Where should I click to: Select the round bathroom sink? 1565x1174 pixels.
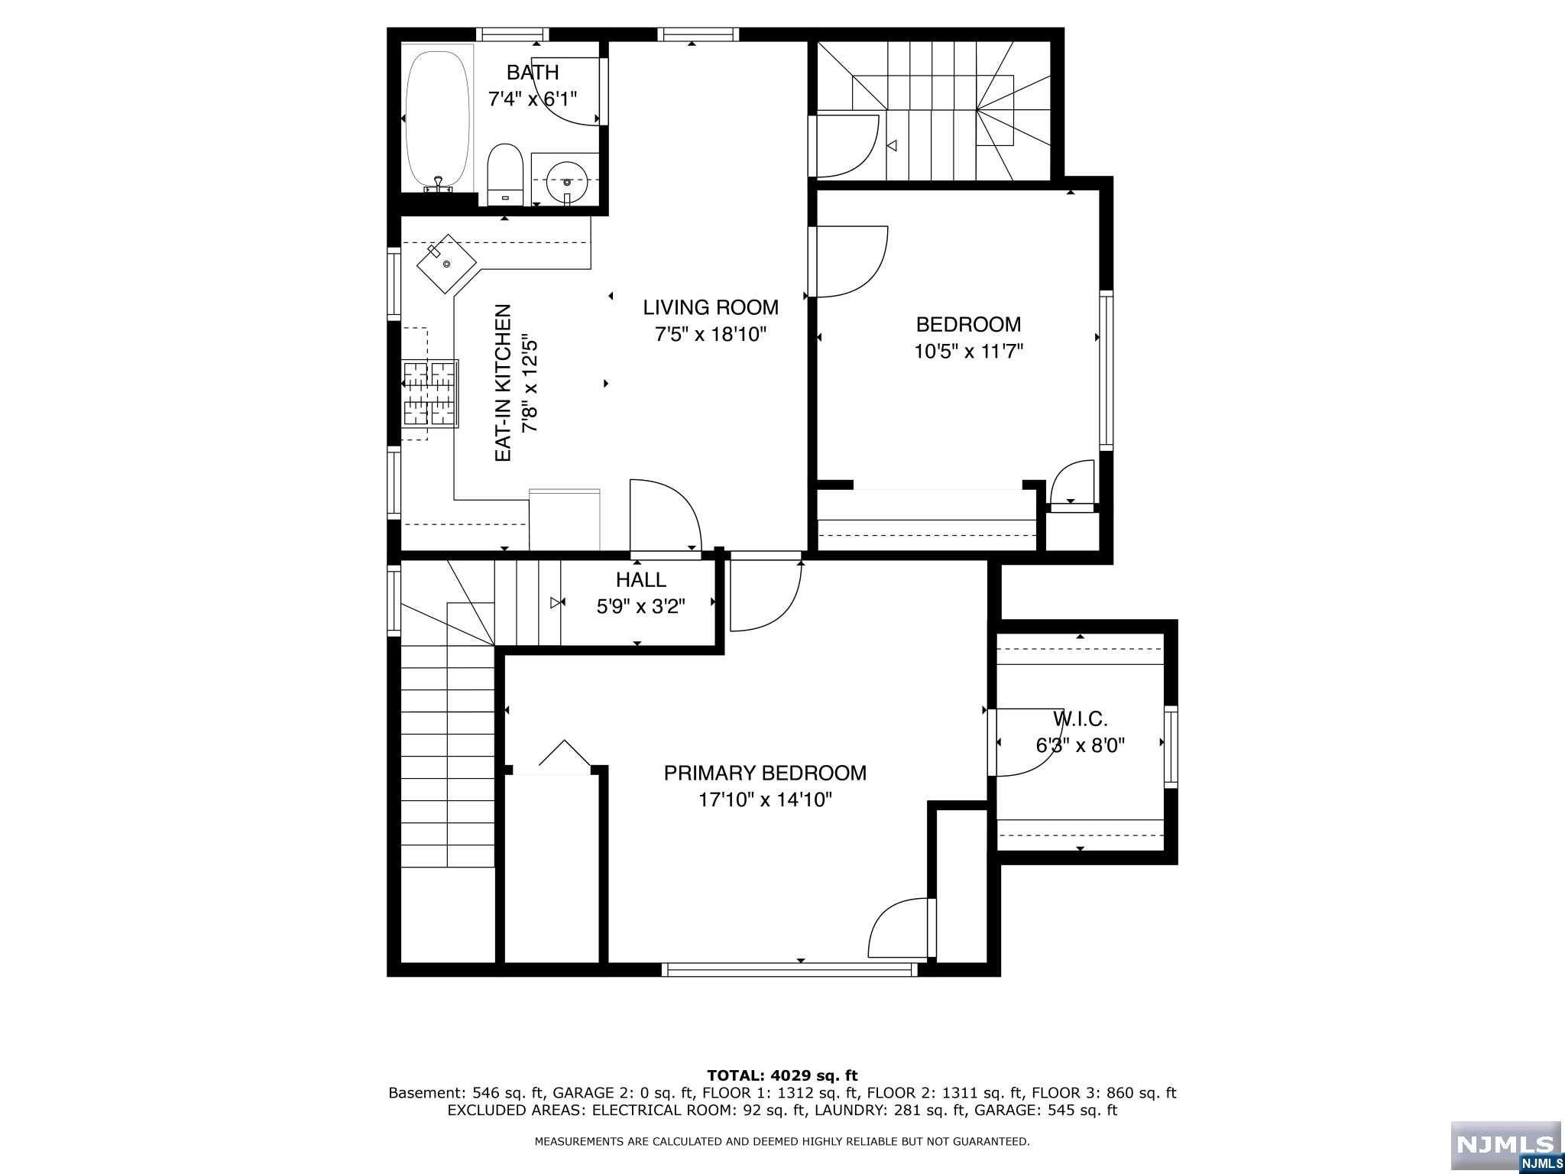pyautogui.click(x=566, y=181)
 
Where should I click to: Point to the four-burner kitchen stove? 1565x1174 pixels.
pyautogui.click(x=429, y=392)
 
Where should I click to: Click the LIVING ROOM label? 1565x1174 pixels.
pyautogui.click(x=711, y=307)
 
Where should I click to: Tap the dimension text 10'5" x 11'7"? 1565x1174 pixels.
pyautogui.click(x=968, y=352)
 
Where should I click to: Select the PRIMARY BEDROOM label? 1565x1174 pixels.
pyautogui.click(x=765, y=773)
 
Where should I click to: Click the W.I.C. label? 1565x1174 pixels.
pyautogui.click(x=1081, y=718)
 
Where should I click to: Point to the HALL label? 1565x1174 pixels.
pyautogui.click(x=641, y=580)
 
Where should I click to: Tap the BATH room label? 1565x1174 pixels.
pyautogui.click(x=533, y=73)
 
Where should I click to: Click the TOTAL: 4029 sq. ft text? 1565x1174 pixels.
pyautogui.click(x=782, y=1076)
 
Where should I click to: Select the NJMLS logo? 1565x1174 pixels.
pyautogui.click(x=1505, y=1146)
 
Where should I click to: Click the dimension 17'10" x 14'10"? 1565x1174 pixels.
pyautogui.click(x=765, y=800)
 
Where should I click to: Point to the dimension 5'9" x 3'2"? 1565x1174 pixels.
pyautogui.click(x=641, y=607)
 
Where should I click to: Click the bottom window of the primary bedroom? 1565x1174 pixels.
pyautogui.click(x=789, y=969)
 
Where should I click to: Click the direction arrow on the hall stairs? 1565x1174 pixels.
pyautogui.click(x=555, y=603)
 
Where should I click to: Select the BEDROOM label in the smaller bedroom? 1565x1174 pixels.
pyautogui.click(x=968, y=325)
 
